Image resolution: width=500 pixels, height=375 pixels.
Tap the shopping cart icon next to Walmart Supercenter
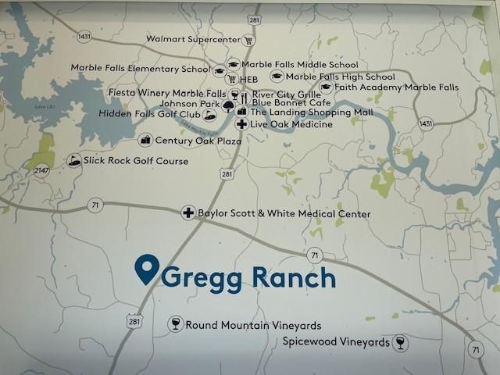point(248,40)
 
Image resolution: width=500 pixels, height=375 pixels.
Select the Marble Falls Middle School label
point(299,65)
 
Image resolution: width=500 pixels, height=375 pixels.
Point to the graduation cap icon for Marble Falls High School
point(276,77)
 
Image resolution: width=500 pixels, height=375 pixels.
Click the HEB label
point(248,79)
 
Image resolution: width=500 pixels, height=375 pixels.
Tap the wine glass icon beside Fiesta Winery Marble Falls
point(234,94)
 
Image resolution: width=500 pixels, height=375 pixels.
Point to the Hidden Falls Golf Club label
point(149,114)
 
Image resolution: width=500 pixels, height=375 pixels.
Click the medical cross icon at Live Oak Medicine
point(242,124)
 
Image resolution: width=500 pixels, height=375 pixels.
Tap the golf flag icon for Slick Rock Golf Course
point(75,160)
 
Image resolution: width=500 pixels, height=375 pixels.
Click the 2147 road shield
point(41,170)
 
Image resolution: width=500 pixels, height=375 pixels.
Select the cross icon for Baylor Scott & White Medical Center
point(187,212)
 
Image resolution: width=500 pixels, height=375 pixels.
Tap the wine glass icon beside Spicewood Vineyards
point(401,342)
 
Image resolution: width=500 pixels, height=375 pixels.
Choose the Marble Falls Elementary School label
point(141,68)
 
